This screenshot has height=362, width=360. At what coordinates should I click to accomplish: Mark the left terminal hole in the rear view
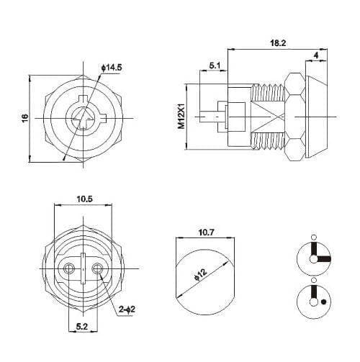coord(69,268)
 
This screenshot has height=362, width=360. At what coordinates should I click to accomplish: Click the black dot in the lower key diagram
coord(325,302)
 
